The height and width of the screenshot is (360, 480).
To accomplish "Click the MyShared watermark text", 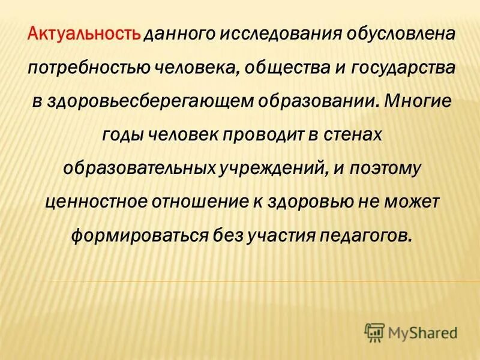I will pyautogui.click(x=423, y=331).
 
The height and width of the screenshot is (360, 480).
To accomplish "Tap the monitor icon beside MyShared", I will pyautogui.click(x=374, y=331).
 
